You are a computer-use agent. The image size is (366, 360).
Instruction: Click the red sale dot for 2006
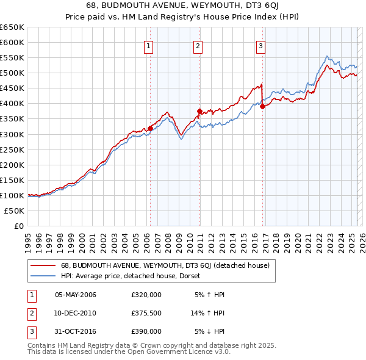(x=150, y=128)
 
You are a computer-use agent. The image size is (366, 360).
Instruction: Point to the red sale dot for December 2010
(x=199, y=111)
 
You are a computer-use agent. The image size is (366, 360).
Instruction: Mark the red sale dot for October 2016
(x=262, y=106)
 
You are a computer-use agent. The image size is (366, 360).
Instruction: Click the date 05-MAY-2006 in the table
(x=76, y=295)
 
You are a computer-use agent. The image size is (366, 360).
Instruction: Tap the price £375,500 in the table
(x=146, y=313)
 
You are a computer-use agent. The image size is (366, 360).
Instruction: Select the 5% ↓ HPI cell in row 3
(x=210, y=331)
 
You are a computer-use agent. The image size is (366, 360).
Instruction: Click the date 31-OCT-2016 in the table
(x=76, y=331)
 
